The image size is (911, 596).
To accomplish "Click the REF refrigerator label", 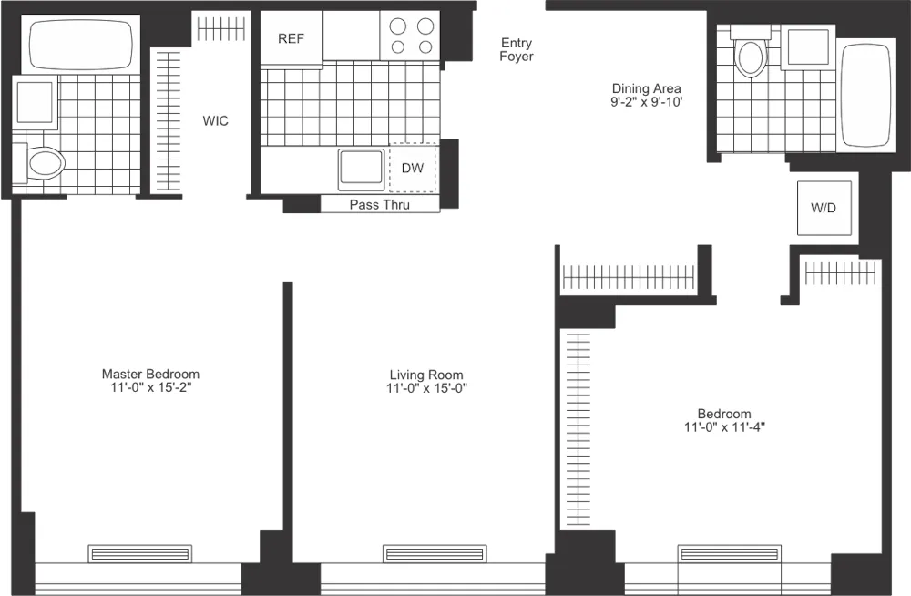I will [291, 38].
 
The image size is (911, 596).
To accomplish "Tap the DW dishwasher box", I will [413, 169].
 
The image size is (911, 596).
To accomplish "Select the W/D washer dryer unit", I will [823, 209].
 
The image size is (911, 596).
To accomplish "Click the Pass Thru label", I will [380, 205].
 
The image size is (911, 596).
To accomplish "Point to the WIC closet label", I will [216, 120].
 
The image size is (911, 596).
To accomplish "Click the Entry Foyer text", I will [517, 50].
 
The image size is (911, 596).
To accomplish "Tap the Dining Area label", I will [646, 88].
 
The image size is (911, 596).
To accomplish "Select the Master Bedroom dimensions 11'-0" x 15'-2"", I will [150, 388].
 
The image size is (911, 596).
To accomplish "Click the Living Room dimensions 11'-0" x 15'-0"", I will [426, 389].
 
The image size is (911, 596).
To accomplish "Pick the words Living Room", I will [426, 375].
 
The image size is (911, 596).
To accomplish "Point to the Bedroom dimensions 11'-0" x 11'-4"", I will [724, 426].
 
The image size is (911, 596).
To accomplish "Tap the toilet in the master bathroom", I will [45, 163].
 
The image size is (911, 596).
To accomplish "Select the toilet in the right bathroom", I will [752, 56].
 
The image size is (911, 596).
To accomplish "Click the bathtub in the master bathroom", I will [82, 45].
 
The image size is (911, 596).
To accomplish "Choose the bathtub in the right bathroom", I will [865, 95].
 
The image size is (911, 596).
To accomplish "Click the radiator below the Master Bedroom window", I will [140, 553].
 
